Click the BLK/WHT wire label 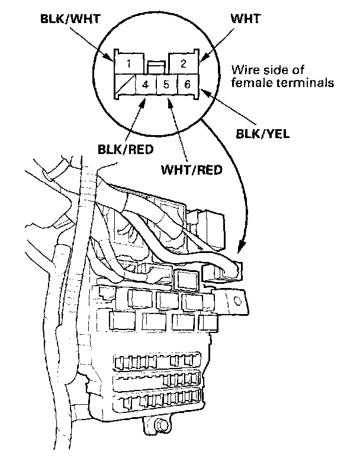pyautogui.click(x=70, y=18)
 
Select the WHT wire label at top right pyautogui.click(x=246, y=18)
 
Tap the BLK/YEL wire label pyautogui.click(x=263, y=134)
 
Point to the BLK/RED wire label pyautogui.click(x=126, y=149)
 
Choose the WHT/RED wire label pyautogui.click(x=192, y=169)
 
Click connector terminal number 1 pyautogui.click(x=128, y=63)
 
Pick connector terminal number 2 pyautogui.click(x=184, y=63)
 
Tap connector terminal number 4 pyautogui.click(x=145, y=84)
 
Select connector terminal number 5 pyautogui.click(x=166, y=84)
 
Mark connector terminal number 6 pyautogui.click(x=188, y=84)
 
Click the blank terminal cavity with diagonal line pyautogui.click(x=124, y=84)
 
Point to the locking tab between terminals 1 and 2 pyautogui.click(x=156, y=68)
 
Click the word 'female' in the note pyautogui.click(x=250, y=82)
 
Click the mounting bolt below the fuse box pyautogui.click(x=160, y=425)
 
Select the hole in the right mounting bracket pyautogui.click(x=237, y=300)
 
